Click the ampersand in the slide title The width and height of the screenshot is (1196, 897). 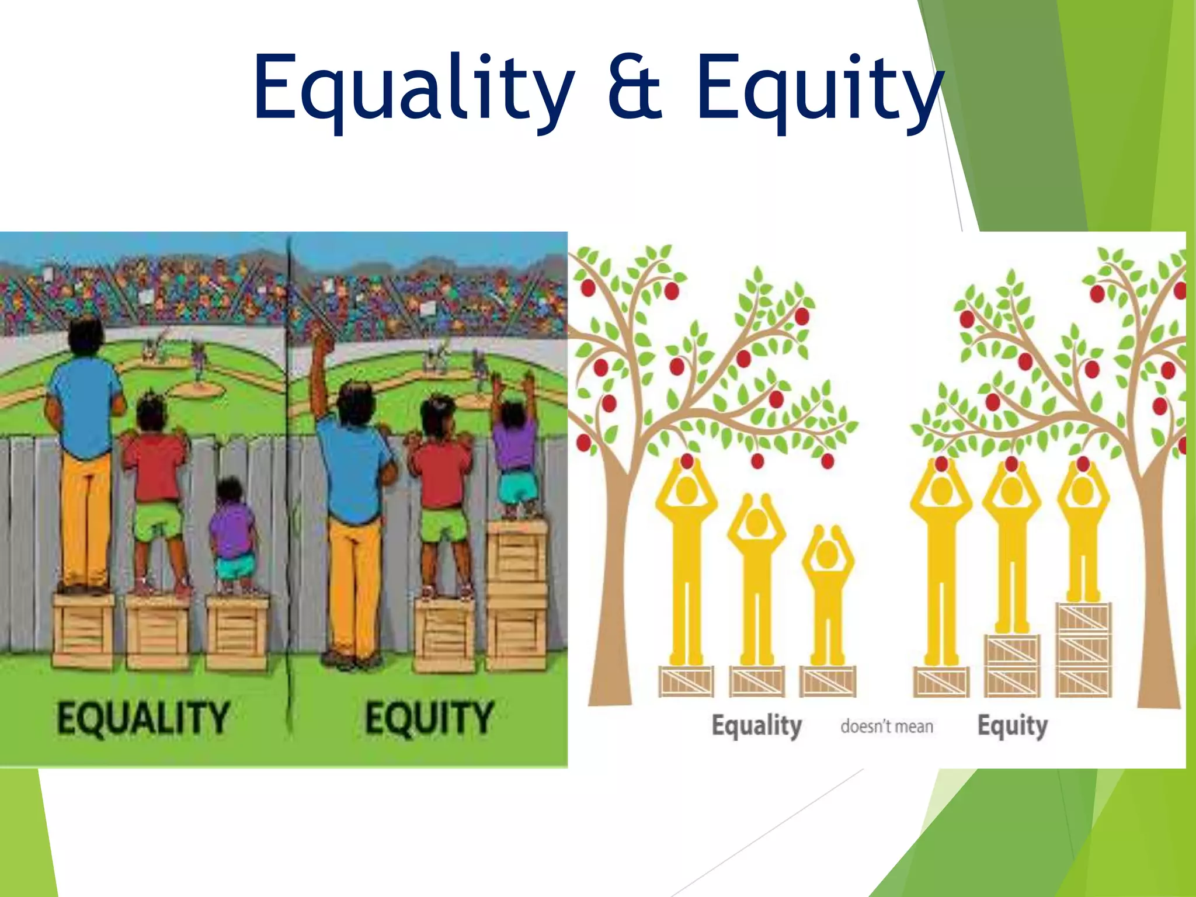tap(635, 88)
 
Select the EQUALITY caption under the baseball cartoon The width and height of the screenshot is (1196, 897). tap(142, 718)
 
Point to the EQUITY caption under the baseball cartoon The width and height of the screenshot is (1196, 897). tap(430, 718)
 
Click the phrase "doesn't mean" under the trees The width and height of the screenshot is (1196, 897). tap(886, 726)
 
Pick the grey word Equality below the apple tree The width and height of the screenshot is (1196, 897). tap(756, 726)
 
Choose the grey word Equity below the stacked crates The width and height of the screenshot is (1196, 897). tap(1013, 726)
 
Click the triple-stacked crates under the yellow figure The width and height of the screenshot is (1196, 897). tap(1083, 649)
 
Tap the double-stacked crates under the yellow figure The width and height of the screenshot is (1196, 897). tap(1012, 665)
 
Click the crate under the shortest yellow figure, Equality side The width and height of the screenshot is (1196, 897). tap(828, 681)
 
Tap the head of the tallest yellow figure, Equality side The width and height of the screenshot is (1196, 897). tap(687, 491)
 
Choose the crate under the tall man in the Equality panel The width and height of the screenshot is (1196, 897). tap(84, 631)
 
